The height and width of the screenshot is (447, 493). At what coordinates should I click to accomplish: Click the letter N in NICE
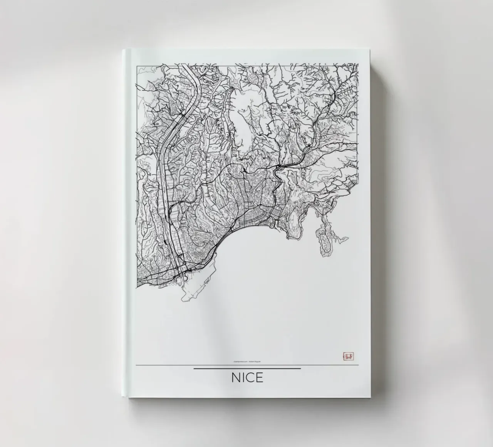pyautogui.click(x=236, y=378)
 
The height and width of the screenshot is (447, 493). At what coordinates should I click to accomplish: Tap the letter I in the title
pyautogui.click(x=243, y=378)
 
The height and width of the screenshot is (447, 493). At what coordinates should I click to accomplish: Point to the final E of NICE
pyautogui.click(x=260, y=378)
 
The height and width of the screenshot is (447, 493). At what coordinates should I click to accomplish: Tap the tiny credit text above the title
pyautogui.click(x=247, y=361)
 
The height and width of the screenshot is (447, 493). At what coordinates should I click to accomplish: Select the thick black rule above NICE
pyautogui.click(x=247, y=369)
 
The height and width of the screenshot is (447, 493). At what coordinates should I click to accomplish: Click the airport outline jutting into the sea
pyautogui.click(x=195, y=287)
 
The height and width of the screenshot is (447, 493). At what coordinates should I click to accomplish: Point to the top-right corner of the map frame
pyautogui.click(x=358, y=65)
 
